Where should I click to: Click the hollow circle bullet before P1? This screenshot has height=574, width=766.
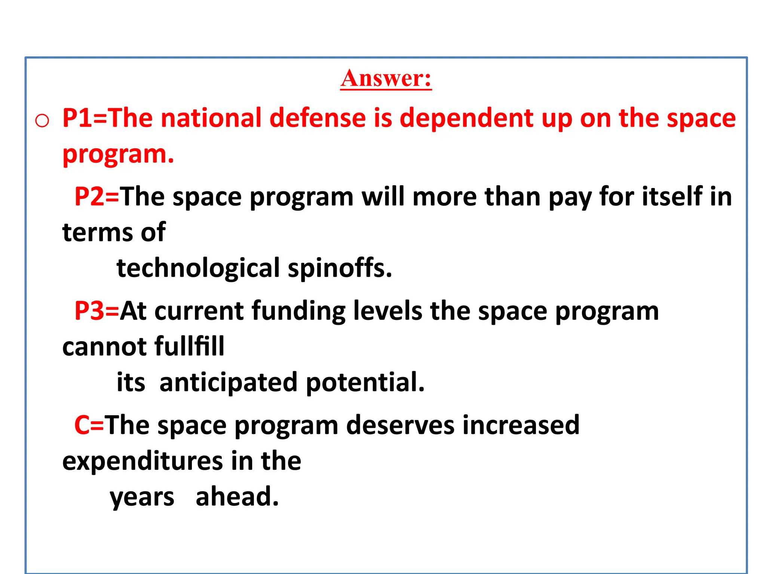coord(42,121)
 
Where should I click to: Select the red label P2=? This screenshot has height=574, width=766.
coord(96,197)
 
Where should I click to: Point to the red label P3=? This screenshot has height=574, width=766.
coord(96,311)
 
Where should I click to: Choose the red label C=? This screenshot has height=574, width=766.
coord(89,425)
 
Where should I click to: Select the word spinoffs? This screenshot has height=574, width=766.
coord(340,268)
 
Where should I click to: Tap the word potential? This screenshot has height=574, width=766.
coord(365,383)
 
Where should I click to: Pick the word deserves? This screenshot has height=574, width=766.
coord(400,425)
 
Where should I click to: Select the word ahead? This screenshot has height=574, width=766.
coord(237,497)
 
